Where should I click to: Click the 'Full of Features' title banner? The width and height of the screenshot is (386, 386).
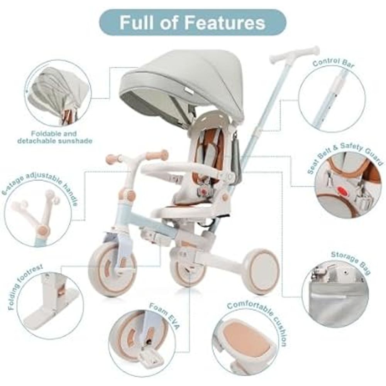[193, 22]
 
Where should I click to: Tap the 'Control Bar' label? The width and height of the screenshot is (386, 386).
[334, 63]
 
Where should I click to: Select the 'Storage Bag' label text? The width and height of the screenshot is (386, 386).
[351, 262]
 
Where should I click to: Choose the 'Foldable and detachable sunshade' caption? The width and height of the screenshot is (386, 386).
[55, 137]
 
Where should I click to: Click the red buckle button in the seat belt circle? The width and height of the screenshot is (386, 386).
[342, 190]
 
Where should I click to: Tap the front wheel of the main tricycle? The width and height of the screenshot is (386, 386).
[112, 269]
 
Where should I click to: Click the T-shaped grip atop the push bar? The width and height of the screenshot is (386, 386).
[295, 55]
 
